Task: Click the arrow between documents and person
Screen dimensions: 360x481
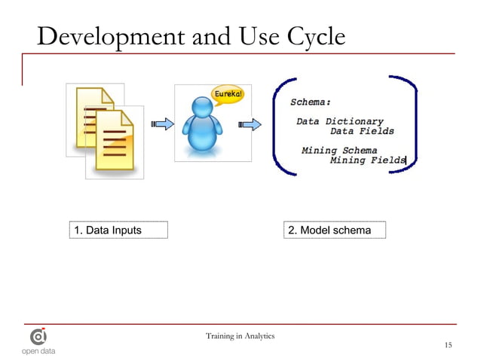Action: (x=161, y=124)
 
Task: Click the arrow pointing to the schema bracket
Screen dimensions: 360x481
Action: (x=250, y=124)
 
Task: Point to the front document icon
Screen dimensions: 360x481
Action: (x=114, y=143)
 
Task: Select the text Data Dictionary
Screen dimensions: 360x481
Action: (x=339, y=121)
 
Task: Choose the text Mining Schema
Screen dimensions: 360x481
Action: (x=339, y=150)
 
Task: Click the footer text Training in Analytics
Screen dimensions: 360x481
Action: (x=240, y=335)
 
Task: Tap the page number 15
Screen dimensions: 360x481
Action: (x=448, y=345)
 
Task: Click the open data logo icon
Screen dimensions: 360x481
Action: (x=38, y=336)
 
